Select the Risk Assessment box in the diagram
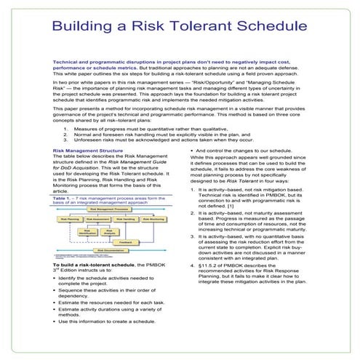(100, 218)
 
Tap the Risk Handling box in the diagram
(128, 218)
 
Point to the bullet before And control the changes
(192, 151)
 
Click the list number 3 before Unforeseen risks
(65, 138)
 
